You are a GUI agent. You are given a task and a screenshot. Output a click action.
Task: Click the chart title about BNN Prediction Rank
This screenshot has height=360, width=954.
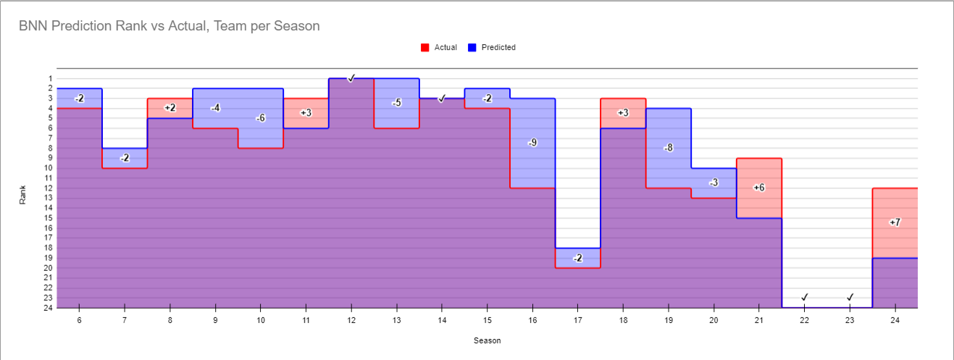pyautogui.click(x=170, y=26)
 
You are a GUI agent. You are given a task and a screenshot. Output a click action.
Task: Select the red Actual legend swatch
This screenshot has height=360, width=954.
pyautogui.click(x=425, y=48)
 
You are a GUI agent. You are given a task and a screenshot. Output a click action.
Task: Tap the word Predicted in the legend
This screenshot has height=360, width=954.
pyautogui.click(x=498, y=48)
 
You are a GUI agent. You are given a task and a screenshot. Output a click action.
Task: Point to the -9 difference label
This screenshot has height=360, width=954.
pyautogui.click(x=532, y=143)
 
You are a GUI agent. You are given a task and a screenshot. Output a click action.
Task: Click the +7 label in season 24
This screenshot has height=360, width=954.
pyautogui.click(x=895, y=222)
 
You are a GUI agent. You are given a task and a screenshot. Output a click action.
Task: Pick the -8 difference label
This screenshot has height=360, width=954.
pyautogui.click(x=668, y=148)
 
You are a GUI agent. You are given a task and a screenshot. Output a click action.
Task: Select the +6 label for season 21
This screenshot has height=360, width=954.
pyautogui.click(x=758, y=188)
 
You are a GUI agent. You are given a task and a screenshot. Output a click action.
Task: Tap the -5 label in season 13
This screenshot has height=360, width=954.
pyautogui.click(x=396, y=103)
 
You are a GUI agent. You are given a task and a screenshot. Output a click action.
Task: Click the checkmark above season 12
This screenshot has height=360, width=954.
pyautogui.click(x=351, y=78)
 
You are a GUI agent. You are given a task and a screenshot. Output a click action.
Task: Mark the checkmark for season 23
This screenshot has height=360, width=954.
pyautogui.click(x=850, y=297)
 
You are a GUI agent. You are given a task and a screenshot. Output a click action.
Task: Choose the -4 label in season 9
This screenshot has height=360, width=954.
pyautogui.click(x=215, y=108)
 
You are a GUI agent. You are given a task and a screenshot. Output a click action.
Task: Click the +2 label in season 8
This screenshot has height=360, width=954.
pyautogui.click(x=170, y=108)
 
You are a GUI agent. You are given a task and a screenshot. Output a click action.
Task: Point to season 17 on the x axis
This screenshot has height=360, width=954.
pyautogui.click(x=577, y=319)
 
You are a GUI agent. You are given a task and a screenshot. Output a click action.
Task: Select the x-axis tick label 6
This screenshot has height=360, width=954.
pyautogui.click(x=79, y=319)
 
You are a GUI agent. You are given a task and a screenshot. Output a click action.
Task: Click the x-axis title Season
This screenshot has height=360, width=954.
pyautogui.click(x=487, y=340)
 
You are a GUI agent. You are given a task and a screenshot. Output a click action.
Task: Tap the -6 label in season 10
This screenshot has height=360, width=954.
pyautogui.click(x=261, y=118)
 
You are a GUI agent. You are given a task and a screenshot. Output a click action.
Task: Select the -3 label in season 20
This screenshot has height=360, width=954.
pyautogui.click(x=714, y=183)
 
